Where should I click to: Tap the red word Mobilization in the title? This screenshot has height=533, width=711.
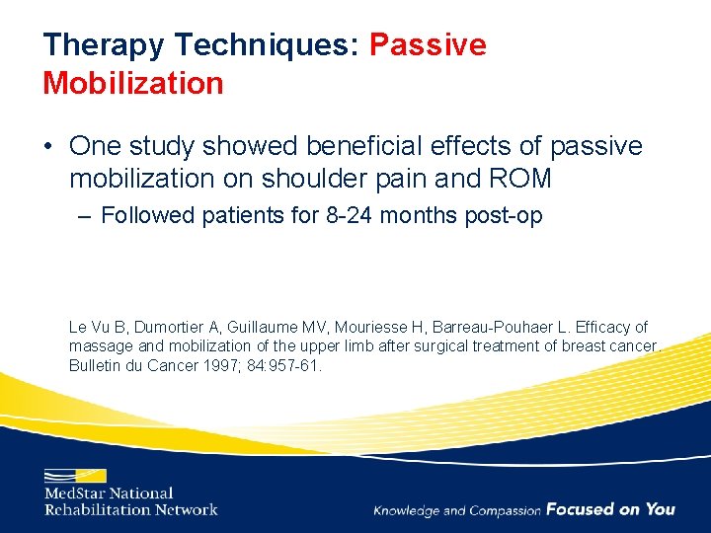click(x=133, y=83)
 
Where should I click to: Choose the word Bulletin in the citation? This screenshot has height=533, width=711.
click(x=95, y=365)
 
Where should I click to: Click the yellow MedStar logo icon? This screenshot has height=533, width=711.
click(x=74, y=475)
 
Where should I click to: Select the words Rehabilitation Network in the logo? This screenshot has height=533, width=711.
click(x=130, y=509)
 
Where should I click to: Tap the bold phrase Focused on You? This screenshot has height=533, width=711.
click(x=610, y=509)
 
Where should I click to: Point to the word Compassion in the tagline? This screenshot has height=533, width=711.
click(x=506, y=510)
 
